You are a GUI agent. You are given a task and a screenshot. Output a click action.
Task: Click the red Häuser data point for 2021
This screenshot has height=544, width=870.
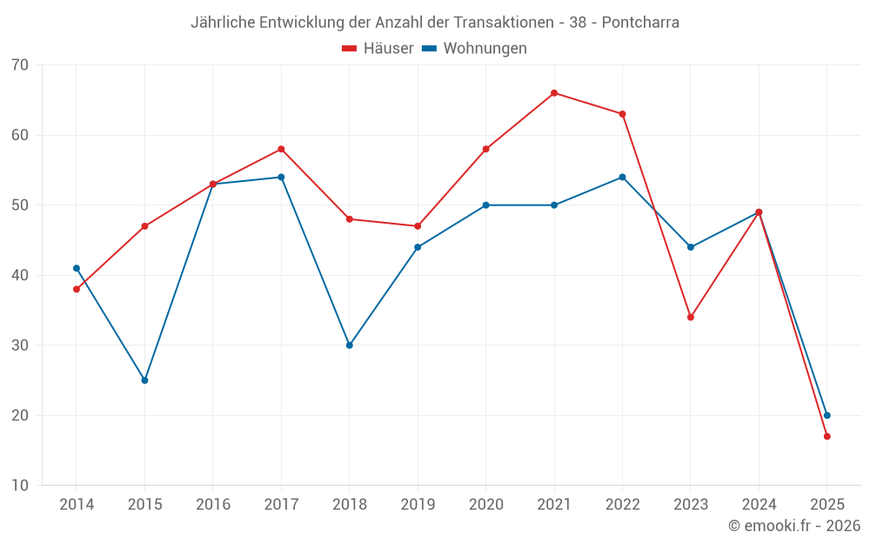[554, 93]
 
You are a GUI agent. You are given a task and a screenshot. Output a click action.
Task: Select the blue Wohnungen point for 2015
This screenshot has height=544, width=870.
[144, 380]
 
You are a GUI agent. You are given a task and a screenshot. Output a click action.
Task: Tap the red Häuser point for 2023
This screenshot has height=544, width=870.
[691, 317]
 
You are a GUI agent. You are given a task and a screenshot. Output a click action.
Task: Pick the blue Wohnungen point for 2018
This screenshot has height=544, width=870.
[350, 346]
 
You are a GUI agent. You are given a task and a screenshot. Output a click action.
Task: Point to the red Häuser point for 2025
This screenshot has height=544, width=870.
[827, 436]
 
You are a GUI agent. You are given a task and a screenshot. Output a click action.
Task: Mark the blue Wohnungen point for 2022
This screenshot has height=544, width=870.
[622, 178]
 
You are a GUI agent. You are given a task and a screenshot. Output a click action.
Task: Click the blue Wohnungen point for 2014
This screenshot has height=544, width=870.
[77, 268]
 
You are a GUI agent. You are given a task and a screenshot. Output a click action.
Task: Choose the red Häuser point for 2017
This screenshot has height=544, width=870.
[281, 149]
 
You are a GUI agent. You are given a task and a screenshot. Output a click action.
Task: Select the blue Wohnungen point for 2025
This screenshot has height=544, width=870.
[827, 415]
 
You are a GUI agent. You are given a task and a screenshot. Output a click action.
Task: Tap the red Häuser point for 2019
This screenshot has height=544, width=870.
[418, 226]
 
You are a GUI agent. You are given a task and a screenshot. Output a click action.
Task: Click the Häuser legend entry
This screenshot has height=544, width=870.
[378, 49]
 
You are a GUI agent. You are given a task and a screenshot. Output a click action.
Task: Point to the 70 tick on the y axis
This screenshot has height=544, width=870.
[20, 65]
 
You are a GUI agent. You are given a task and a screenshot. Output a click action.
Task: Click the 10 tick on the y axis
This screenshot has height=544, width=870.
[20, 486]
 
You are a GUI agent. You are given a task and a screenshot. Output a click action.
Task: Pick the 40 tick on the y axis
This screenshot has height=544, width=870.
[20, 275]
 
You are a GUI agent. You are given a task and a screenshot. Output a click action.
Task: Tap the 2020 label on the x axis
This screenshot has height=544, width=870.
[485, 505]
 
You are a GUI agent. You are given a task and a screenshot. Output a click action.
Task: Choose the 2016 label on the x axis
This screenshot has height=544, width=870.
[213, 505]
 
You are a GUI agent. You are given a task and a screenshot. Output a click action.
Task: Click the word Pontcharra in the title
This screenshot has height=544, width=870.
[640, 23]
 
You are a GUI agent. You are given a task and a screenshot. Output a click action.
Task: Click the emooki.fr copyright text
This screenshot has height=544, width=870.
[794, 526]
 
